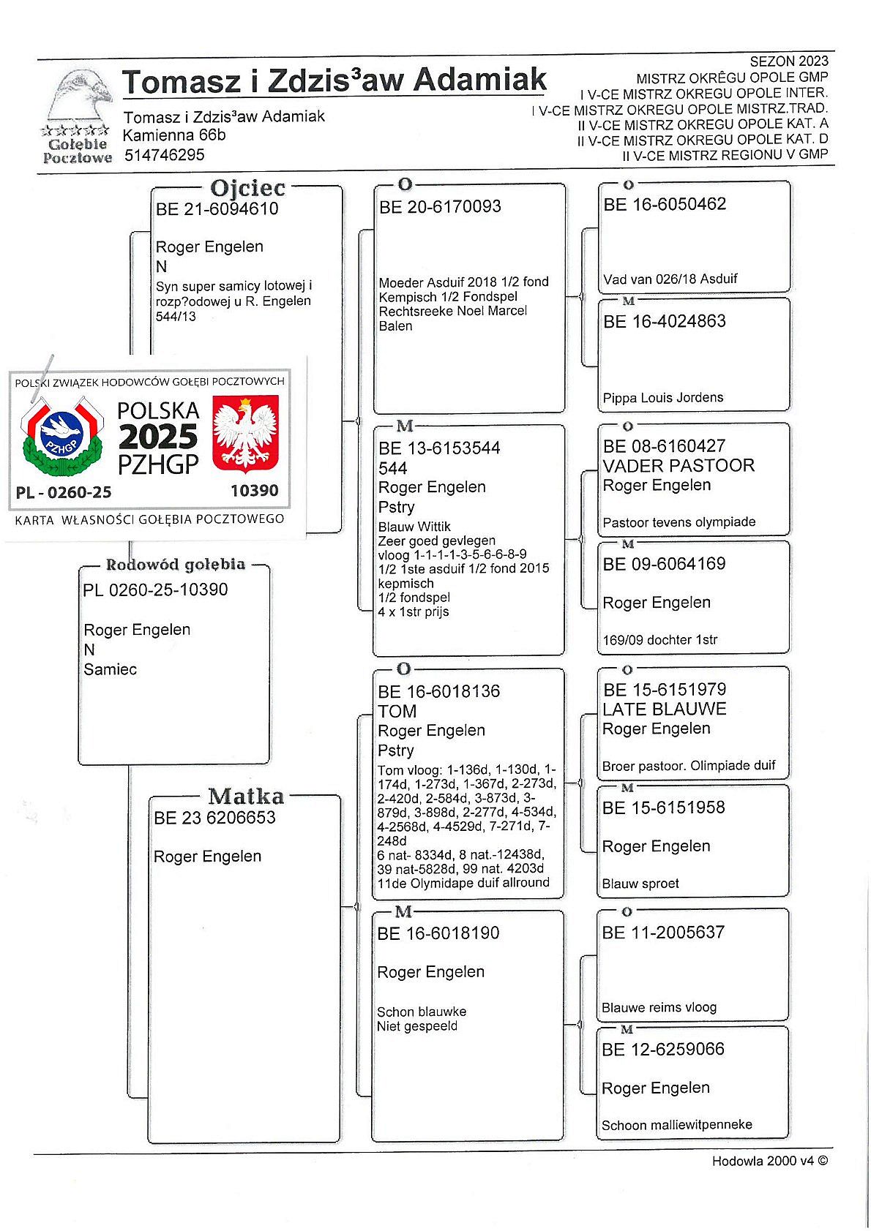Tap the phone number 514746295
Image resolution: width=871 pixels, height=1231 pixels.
[164, 155]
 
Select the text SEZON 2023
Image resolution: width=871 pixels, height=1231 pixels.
[789, 61]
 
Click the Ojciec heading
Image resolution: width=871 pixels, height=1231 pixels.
[247, 188]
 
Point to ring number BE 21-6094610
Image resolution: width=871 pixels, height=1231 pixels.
[217, 209]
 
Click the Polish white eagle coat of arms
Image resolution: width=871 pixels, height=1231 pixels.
[245, 434]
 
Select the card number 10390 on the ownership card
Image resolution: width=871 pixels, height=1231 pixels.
[254, 491]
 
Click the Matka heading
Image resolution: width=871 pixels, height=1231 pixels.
[246, 796]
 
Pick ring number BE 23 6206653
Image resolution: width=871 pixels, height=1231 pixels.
[214, 818]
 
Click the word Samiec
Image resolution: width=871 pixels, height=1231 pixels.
[111, 669]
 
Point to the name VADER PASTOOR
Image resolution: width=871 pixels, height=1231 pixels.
[679, 466]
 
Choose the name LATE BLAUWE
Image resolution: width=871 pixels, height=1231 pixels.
[665, 709]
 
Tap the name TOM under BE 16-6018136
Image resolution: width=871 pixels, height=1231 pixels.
[397, 712]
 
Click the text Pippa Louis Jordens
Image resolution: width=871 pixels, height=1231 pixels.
[663, 398]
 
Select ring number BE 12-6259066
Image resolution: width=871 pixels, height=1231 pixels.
[663, 1050]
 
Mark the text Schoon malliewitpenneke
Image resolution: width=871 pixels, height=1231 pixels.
[677, 1125]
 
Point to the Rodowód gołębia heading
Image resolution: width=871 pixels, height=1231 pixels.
[176, 565]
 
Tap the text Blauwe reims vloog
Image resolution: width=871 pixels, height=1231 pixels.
[659, 1008]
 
